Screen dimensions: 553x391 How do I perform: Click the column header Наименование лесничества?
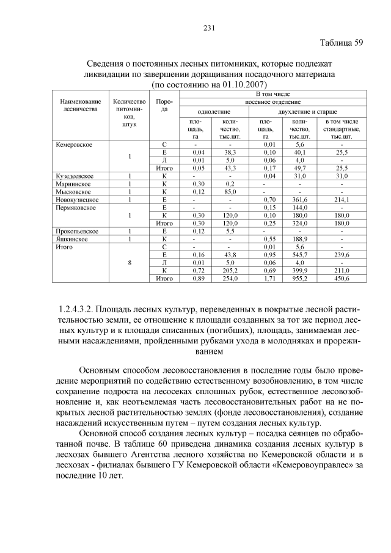coord(81,104)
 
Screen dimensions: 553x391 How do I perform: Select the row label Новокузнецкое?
coord(77,199)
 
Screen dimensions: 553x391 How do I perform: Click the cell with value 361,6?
coord(299,199)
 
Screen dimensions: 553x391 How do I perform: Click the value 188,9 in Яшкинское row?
coord(299,239)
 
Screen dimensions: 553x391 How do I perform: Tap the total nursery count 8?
coord(130,263)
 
